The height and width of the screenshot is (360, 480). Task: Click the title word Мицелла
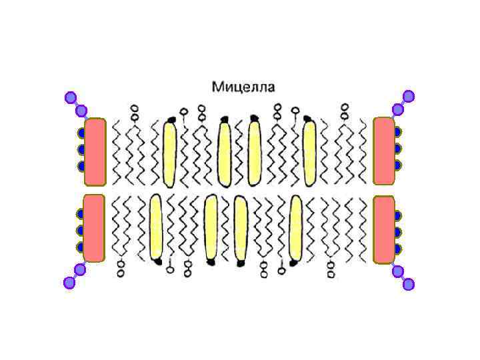coord(243,87)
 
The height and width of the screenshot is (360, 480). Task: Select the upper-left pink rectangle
coord(95,151)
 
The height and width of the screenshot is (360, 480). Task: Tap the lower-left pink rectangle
coord(95,228)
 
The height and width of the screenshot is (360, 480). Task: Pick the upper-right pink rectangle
coord(384,151)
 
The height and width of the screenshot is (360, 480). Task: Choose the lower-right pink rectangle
coord(384,229)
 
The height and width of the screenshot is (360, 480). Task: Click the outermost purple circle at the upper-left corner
coord(70,98)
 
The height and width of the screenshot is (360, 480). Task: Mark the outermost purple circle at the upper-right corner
coord(409,96)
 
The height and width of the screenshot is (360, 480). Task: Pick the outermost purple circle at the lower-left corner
coord(69,283)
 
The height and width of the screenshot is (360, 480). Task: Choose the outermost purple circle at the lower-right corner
coord(409,285)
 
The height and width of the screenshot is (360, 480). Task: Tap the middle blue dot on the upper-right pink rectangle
coord(398,148)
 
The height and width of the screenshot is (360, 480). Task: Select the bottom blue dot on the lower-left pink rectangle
coord(81,247)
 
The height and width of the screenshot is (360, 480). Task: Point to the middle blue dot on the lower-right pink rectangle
coord(398,232)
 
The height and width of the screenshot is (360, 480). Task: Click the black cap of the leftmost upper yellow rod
coord(171,119)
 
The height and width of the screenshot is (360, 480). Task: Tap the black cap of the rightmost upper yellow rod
coord(308,120)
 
